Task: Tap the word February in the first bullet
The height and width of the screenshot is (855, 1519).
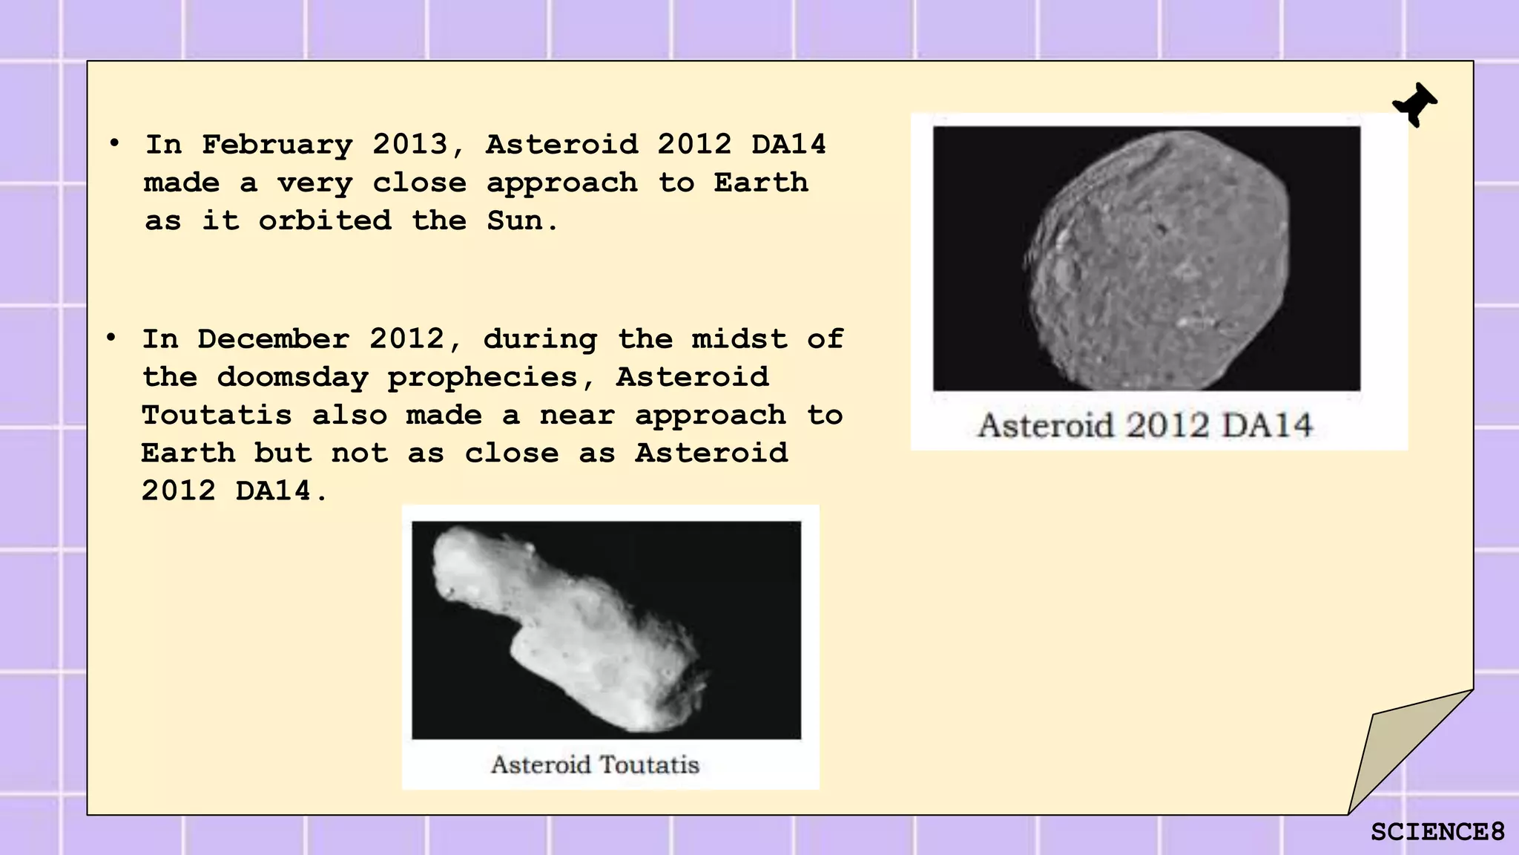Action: click(277, 145)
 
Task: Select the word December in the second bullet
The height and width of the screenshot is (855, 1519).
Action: click(273, 339)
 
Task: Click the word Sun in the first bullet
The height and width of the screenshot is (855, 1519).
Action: click(514, 220)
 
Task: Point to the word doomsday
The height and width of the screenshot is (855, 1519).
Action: click(292, 378)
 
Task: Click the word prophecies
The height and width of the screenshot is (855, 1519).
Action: click(482, 378)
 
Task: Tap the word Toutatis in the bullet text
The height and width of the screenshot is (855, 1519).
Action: click(217, 416)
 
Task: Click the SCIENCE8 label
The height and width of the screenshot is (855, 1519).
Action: click(1437, 832)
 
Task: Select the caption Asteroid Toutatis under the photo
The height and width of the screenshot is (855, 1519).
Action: click(595, 764)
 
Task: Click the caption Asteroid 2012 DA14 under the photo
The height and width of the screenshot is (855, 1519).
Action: click(1145, 426)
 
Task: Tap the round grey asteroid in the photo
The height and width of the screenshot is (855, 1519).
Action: click(1157, 260)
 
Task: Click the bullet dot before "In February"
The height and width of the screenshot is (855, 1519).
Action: click(114, 142)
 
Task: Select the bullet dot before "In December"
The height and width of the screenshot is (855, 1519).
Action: click(111, 338)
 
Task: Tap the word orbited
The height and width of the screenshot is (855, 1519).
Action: click(325, 220)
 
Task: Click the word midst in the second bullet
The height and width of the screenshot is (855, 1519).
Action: click(739, 339)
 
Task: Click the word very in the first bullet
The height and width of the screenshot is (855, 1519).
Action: click(314, 183)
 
